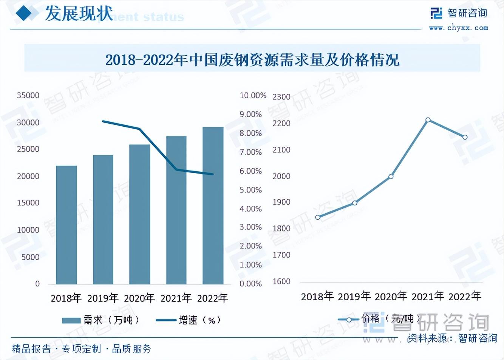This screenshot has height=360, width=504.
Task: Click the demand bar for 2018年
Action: click(66, 225)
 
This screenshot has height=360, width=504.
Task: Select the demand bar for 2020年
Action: click(140, 214)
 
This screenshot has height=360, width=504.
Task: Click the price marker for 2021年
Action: click(428, 120)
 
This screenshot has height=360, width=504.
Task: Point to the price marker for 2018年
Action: click(318, 217)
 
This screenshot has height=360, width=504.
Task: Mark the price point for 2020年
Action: click(391, 176)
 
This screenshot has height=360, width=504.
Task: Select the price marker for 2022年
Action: click(465, 137)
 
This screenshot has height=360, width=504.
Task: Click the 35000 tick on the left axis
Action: click(28, 95)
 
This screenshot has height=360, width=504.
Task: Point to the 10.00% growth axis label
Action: click(253, 95)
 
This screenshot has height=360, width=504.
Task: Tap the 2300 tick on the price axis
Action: click(281, 97)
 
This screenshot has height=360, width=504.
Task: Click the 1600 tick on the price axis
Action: click(281, 281)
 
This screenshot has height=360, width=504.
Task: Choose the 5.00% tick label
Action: click(250, 190)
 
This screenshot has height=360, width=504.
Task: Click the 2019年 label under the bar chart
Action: click(103, 298)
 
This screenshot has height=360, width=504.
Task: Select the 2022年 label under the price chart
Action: click(465, 296)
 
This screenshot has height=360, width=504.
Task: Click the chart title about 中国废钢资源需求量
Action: click(252, 60)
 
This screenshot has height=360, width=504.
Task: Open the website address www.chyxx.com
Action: click(458, 28)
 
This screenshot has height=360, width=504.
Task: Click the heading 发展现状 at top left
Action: click(79, 14)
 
